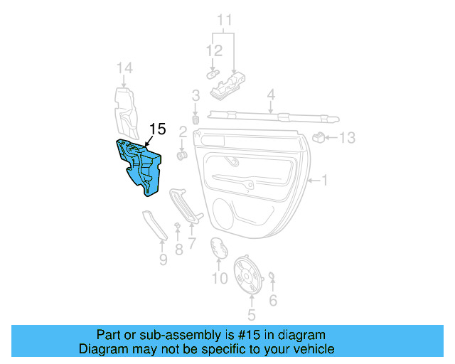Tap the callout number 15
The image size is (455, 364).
pyautogui.click(x=157, y=129)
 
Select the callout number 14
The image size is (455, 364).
pyautogui.click(x=125, y=68)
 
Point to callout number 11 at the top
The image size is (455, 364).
pyautogui.click(x=225, y=19)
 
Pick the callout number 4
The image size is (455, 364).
pyautogui.click(x=271, y=93)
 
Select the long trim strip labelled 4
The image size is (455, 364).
pyautogui.click(x=270, y=113)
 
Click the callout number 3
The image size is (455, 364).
pyautogui.click(x=195, y=95)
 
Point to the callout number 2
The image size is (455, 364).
pyautogui.click(x=182, y=132)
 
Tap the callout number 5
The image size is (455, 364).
pyautogui.click(x=250, y=314)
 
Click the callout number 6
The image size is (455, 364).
pyautogui.click(x=273, y=300)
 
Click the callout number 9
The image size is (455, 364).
pyautogui.click(x=163, y=260)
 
